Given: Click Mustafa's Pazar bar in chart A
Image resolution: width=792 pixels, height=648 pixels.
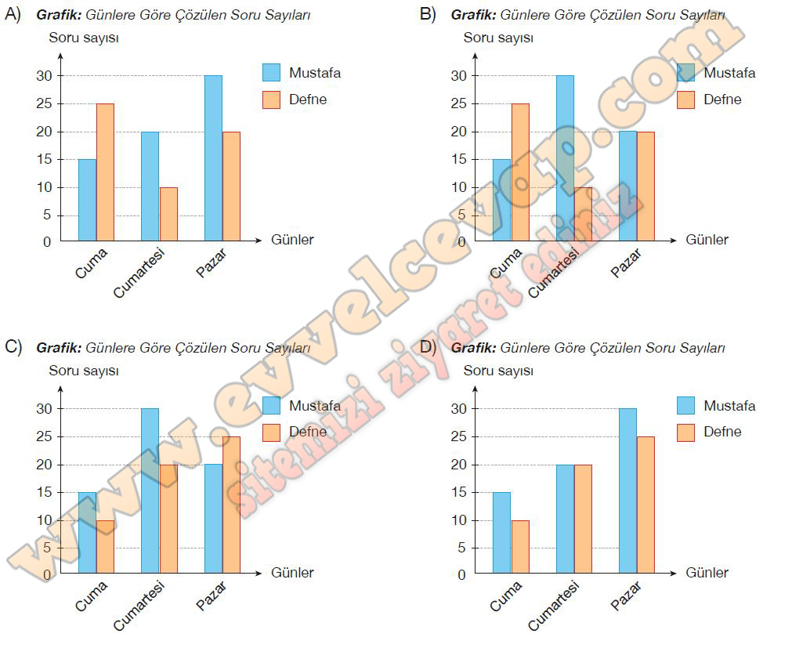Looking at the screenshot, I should click(x=212, y=157).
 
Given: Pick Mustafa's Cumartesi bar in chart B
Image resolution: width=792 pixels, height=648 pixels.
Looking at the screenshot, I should click(x=565, y=157).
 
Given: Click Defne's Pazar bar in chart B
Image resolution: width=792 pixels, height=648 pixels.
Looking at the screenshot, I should click(x=646, y=186).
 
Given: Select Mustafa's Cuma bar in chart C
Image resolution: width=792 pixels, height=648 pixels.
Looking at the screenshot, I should click(x=87, y=533).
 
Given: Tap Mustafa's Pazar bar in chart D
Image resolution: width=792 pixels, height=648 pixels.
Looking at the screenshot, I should click(x=627, y=491).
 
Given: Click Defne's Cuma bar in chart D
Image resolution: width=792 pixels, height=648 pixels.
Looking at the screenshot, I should click(x=519, y=547).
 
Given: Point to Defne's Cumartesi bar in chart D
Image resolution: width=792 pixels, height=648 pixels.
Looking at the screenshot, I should click(x=583, y=519).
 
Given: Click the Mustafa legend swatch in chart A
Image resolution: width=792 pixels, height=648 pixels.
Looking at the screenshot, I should click(x=271, y=73).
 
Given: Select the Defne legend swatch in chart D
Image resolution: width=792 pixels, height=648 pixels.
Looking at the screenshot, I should click(x=685, y=433).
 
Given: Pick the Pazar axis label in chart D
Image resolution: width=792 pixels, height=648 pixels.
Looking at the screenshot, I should click(x=626, y=596).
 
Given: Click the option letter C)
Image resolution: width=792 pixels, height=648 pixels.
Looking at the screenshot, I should click(x=13, y=347).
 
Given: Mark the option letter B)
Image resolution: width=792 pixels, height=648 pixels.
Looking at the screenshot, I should click(x=428, y=14).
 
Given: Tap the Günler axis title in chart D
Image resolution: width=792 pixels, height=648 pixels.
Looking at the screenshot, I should click(x=707, y=573).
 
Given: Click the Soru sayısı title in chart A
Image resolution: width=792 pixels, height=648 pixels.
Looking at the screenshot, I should click(x=84, y=38).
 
